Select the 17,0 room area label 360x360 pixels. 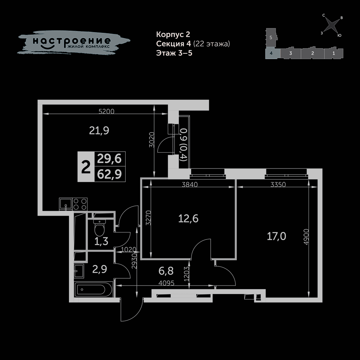(276, 236)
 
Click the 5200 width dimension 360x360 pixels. (106, 111)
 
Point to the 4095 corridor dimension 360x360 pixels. (166, 283)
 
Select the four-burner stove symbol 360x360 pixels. (80, 204)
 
